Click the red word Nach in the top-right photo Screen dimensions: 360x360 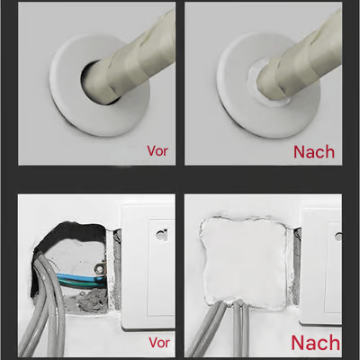(315, 150)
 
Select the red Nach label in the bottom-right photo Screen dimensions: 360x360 (315, 343)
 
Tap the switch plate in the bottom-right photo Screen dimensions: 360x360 (324, 270)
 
